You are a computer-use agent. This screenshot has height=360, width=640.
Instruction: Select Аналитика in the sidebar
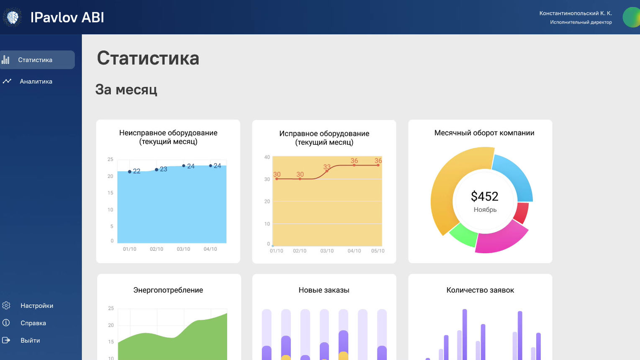pos(36,82)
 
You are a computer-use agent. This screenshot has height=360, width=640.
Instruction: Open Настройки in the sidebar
pos(37,306)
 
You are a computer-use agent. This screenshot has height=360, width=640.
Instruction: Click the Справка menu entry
pos(33,323)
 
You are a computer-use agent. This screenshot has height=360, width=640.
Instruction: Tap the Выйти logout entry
pos(30,341)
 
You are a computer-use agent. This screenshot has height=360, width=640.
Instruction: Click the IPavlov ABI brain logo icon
pos(12,17)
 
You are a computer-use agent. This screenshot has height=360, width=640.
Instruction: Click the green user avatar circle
pos(632,17)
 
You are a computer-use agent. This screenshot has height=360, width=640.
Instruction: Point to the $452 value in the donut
pos(485,196)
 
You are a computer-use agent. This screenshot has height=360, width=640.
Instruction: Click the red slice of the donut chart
pos(521,213)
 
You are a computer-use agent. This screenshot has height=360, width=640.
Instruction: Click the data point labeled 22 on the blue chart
pos(130,172)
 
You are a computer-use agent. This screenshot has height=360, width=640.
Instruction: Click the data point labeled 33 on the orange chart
pos(327,171)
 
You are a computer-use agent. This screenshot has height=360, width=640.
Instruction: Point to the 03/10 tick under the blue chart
pos(183,249)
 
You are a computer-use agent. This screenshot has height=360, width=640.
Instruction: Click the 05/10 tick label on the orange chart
pos(378,251)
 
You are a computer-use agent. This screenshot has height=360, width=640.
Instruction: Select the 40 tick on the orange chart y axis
pos(267,157)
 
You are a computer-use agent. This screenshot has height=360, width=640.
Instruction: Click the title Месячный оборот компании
pos(484,133)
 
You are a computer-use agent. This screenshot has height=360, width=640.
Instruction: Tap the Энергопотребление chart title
pos(168,290)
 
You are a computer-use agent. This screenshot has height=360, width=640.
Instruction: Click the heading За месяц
pos(126,90)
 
